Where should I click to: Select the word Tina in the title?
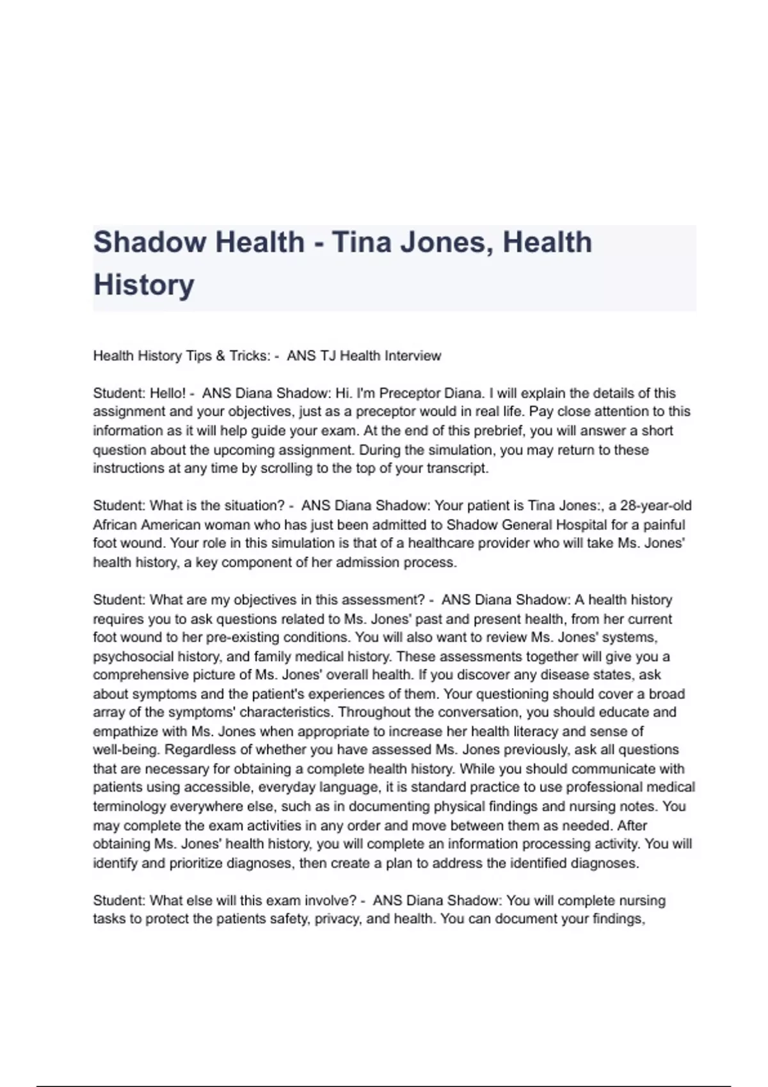pos(362,242)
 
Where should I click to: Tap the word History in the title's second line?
pos(143,285)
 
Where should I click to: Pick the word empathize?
pos(124,731)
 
